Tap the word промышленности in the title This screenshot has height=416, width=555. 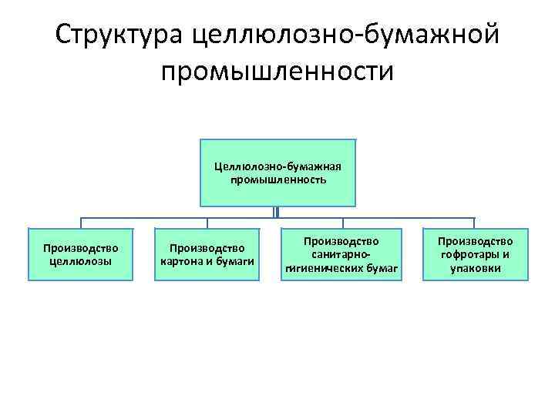point(277,71)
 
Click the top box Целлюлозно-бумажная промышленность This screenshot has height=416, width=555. point(277,173)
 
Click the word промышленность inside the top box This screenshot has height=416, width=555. point(277,179)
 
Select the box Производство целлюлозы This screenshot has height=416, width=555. point(81,254)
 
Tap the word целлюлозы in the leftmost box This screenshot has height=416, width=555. point(81,260)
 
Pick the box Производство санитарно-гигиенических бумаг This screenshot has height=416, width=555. point(341,254)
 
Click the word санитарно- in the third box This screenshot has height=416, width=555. point(341,254)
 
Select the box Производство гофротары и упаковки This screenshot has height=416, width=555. point(475,254)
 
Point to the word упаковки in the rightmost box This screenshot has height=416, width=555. point(475,268)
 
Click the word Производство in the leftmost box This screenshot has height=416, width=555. point(81,248)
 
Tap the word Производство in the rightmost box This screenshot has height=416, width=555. point(475,242)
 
